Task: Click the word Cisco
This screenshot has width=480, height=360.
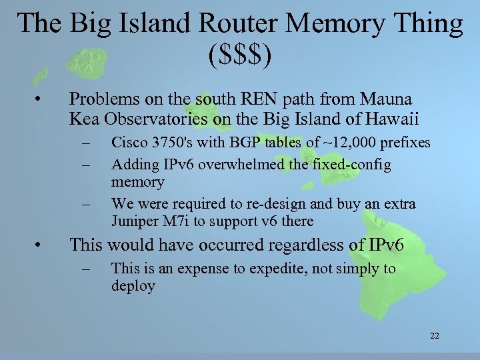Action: [x=128, y=143]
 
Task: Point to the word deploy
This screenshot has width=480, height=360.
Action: [x=133, y=286]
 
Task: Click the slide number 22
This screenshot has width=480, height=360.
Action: [x=434, y=335]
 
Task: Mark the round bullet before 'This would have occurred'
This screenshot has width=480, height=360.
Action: [x=42, y=245]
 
